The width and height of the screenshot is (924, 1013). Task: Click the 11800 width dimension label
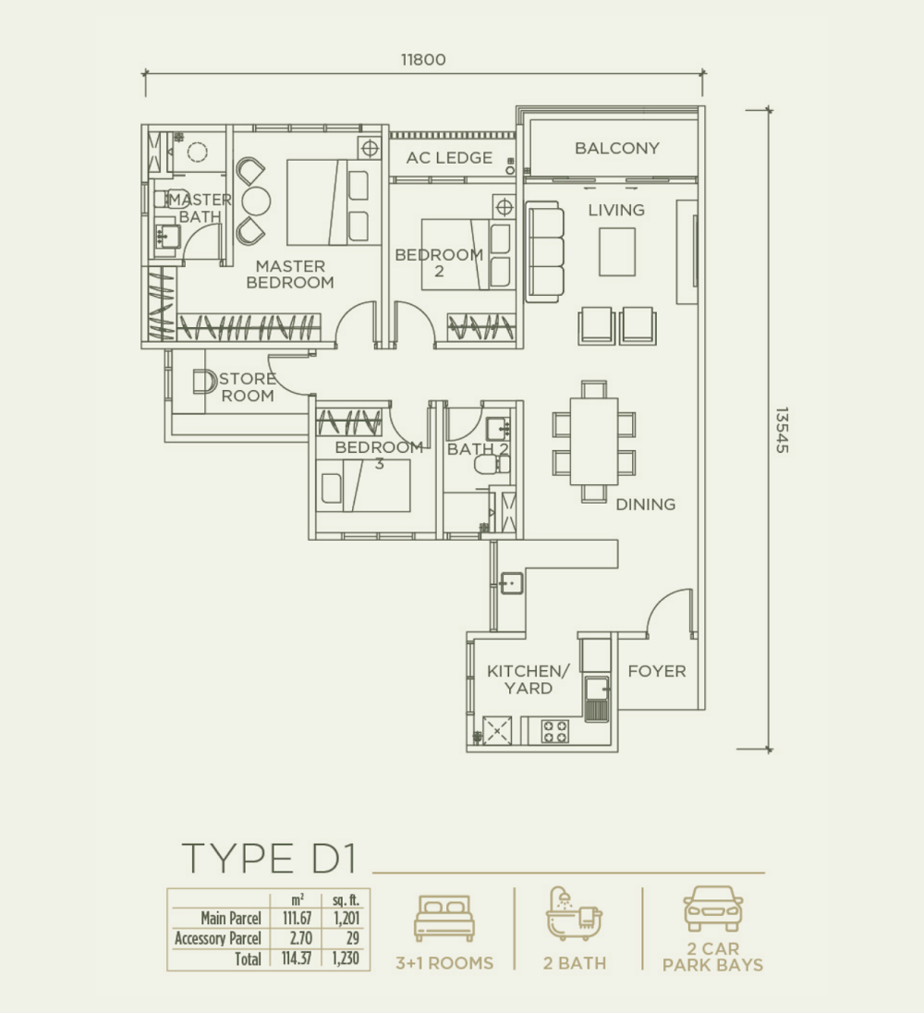423,59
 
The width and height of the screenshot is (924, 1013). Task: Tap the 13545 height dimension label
782,430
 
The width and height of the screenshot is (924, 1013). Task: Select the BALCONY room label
616,148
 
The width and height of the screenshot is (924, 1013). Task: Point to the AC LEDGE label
449,158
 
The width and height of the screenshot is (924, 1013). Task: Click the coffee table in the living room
617,252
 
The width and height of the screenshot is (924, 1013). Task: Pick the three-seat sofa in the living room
543,251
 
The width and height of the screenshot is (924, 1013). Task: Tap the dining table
594,441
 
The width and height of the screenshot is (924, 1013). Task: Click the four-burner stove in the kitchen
554,731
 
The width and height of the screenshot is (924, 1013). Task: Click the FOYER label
657,671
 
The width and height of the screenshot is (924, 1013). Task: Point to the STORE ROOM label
248,387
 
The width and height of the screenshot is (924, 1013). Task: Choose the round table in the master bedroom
256,201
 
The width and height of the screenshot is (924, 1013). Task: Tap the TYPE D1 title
270,858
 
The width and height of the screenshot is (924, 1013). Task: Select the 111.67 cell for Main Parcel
297,918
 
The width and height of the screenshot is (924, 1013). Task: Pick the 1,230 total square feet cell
346,958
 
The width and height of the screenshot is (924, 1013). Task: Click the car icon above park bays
712,909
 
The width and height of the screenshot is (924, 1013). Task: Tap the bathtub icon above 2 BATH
574,913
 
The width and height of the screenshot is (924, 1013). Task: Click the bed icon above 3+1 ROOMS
444,918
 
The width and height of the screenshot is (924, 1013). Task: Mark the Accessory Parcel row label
217,938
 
